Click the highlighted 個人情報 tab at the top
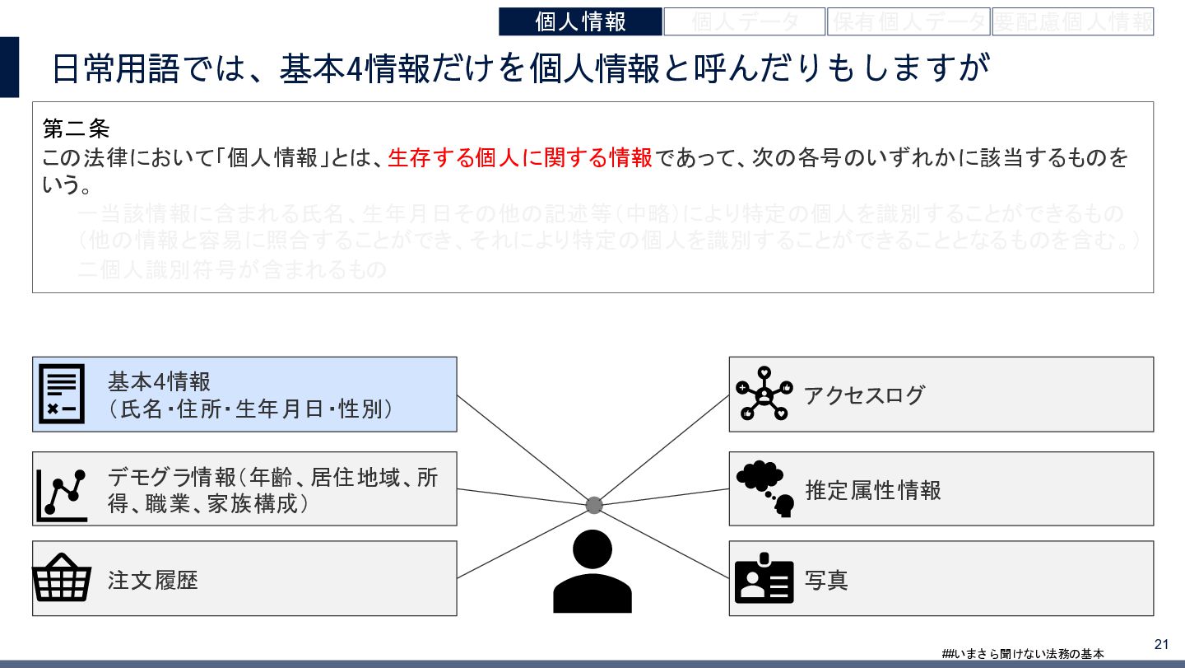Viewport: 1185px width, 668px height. click(x=580, y=21)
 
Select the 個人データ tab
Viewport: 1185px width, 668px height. click(x=745, y=21)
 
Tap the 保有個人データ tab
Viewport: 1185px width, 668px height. click(x=908, y=21)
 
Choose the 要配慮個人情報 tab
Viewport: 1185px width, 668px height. click(x=1072, y=21)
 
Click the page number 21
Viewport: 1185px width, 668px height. click(x=1162, y=644)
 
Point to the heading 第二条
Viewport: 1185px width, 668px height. click(x=76, y=129)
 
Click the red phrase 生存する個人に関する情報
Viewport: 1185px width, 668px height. click(x=519, y=158)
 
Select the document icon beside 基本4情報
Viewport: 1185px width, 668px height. click(x=62, y=394)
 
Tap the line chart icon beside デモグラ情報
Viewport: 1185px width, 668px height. click(x=62, y=495)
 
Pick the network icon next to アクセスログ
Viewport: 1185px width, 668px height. click(x=764, y=394)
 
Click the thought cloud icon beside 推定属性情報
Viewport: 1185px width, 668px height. click(x=764, y=488)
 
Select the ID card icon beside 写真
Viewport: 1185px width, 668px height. click(x=764, y=578)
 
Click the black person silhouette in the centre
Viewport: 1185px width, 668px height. click(x=592, y=571)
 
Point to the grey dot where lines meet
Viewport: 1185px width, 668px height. click(x=594, y=505)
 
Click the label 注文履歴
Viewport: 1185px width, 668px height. click(x=153, y=580)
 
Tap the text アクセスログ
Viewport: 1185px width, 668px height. click(x=864, y=395)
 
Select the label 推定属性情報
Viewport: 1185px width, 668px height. click(x=873, y=490)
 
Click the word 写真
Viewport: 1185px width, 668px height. click(x=826, y=580)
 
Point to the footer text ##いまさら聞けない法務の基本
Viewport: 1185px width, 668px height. click(x=1023, y=654)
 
